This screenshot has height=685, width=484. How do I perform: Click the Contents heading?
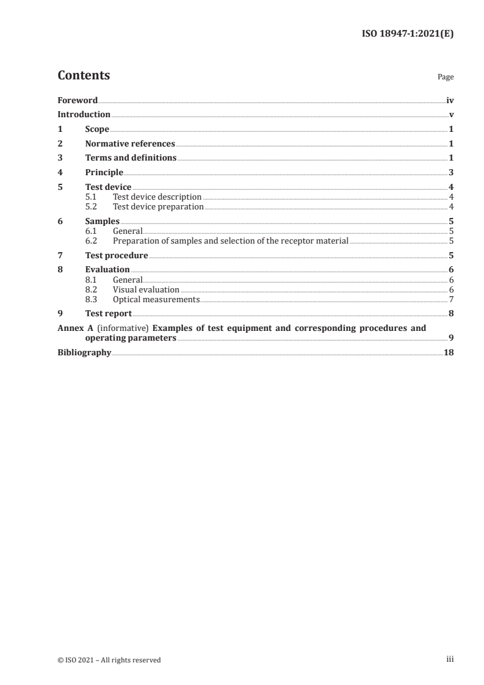click(x=84, y=76)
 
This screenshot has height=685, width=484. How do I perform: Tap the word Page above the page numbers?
click(x=446, y=78)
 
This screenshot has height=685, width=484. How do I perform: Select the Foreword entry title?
click(x=78, y=100)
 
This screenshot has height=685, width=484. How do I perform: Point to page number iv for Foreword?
click(x=450, y=100)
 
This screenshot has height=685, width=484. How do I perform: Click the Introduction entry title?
click(x=84, y=115)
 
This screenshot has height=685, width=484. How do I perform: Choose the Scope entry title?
click(x=97, y=129)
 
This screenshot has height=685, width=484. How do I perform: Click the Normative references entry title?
click(x=130, y=144)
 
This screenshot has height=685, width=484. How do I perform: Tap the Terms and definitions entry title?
click(x=131, y=158)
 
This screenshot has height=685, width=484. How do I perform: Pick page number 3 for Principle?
click(x=451, y=173)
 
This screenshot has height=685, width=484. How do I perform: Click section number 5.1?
click(x=91, y=197)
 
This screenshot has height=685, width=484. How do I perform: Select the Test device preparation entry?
click(x=158, y=207)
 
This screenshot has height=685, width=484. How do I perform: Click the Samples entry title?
click(x=102, y=222)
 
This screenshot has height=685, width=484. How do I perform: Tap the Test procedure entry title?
click(x=117, y=255)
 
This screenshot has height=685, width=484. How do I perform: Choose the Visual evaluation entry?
click(x=146, y=289)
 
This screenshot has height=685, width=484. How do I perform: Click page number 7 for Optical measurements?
click(x=451, y=299)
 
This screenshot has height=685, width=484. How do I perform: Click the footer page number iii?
click(x=450, y=659)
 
